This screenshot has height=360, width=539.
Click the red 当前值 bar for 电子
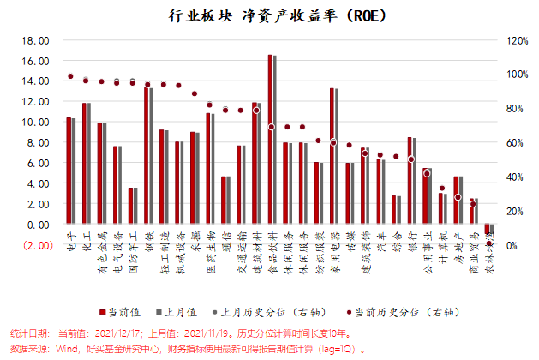point(69,171)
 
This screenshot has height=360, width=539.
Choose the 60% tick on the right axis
point(511,143)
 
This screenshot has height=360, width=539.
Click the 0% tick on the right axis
point(508,246)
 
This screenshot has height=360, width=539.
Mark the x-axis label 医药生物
point(209,248)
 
